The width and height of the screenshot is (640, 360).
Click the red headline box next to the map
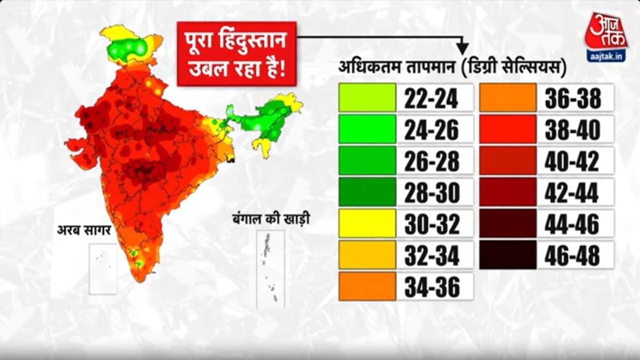click(x=236, y=53)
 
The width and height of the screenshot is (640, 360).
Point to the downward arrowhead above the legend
click(x=462, y=49)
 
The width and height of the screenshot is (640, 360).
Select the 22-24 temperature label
click(x=431, y=98)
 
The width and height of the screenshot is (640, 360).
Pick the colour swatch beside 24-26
click(x=367, y=129)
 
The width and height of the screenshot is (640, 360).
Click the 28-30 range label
click(x=431, y=193)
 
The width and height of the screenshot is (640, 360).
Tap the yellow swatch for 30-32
click(x=367, y=223)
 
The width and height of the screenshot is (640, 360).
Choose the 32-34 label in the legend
click(x=431, y=255)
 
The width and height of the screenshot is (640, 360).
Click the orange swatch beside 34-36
click(x=367, y=286)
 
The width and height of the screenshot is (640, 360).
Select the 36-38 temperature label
click(x=572, y=98)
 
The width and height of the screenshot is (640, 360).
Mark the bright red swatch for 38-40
click(x=507, y=129)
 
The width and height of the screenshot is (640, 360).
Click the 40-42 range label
click(x=572, y=161)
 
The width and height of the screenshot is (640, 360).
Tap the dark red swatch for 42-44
click(x=507, y=193)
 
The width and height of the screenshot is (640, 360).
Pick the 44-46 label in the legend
click(x=572, y=223)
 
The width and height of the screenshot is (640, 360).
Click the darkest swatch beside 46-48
click(x=507, y=255)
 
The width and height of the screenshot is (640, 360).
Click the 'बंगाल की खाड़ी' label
click(x=271, y=219)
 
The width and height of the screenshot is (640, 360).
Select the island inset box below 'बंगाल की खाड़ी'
click(x=270, y=269)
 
